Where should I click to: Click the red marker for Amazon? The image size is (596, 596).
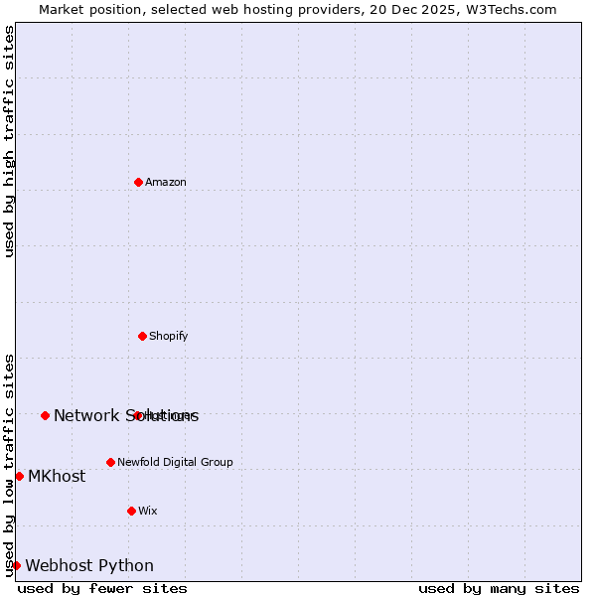pos(138,182)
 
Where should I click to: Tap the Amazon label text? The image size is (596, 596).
pos(166,182)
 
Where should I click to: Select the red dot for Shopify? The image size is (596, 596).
pos(142,336)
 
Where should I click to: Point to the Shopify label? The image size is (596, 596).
pos(169,336)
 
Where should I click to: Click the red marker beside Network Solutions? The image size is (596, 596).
pos(45,415)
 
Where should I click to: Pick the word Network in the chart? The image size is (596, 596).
pos(86,415)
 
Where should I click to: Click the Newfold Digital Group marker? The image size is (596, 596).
pos(110,462)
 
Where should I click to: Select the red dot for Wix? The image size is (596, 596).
pos(131,511)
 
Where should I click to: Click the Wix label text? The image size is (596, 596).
pos(148,511)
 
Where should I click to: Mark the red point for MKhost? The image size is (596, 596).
pos(19,476)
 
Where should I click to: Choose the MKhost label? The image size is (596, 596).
pos(57,476)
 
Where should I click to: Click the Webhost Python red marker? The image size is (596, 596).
pos(16,565)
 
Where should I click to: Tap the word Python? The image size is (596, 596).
pos(126,565)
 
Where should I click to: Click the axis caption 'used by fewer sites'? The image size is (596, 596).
pos(102,588)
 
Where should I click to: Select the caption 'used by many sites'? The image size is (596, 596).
pos(499,588)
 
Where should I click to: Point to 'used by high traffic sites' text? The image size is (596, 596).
pos(9,141)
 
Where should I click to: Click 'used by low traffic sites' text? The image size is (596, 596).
pos(9,464)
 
